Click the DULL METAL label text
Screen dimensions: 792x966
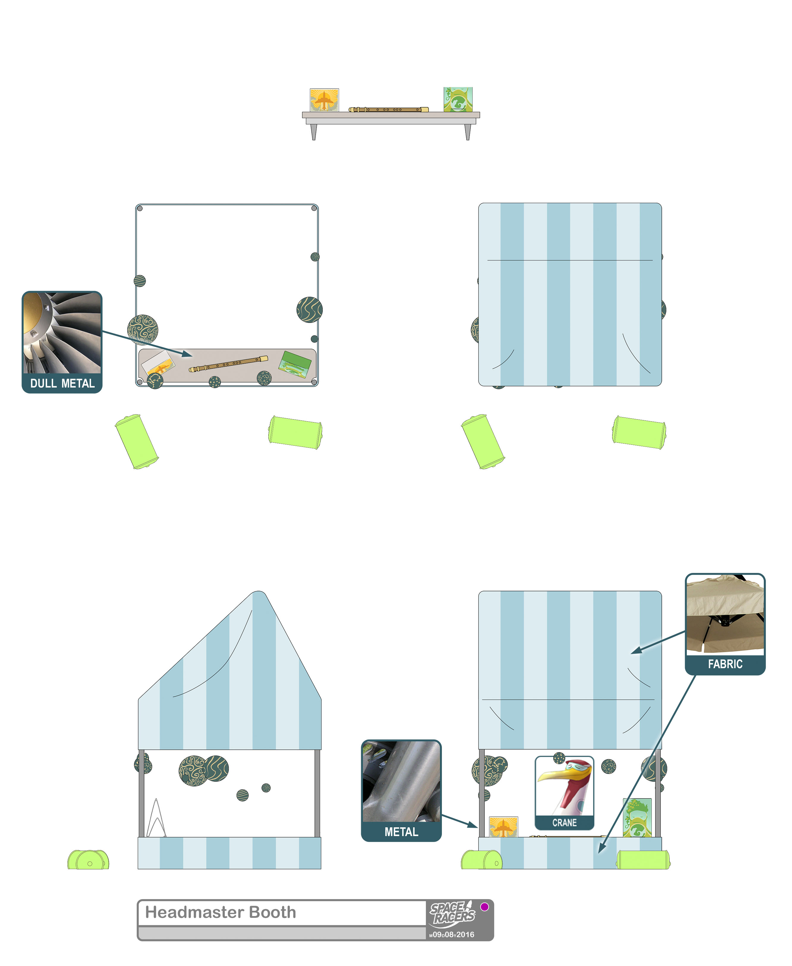tap(62, 383)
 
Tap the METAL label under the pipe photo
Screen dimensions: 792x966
tap(401, 832)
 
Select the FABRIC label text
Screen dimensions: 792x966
tap(725, 664)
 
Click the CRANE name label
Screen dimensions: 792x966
tap(564, 823)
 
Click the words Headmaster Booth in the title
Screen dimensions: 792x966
tap(220, 912)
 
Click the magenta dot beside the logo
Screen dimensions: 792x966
tap(484, 907)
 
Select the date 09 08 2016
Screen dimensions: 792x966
tap(452, 934)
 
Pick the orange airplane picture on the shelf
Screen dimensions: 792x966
tap(324, 100)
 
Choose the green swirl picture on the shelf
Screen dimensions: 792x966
tap(458, 100)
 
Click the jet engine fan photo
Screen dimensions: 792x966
tap(62, 333)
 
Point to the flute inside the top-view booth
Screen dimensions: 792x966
tap(229, 364)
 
